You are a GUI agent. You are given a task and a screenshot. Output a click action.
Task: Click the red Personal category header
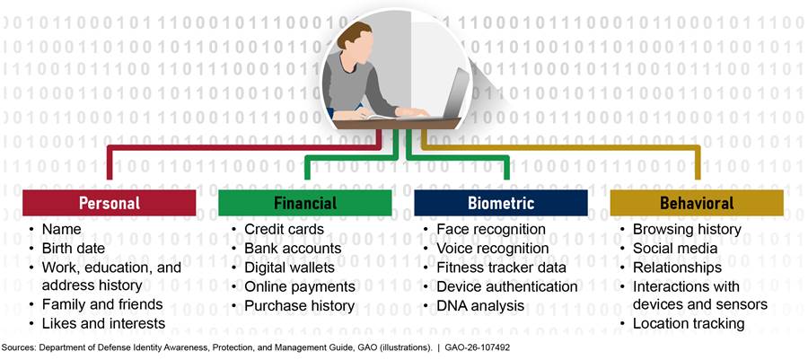pos(110,203)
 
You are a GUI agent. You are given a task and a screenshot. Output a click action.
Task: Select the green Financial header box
pos(305,203)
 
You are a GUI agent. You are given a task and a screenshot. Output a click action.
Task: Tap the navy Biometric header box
pos(501,203)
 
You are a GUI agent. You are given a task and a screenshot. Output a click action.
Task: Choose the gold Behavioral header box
pos(697,203)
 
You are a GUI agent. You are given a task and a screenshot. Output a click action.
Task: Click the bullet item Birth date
pos(74,249)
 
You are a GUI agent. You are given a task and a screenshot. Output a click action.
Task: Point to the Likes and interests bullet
pos(103,323)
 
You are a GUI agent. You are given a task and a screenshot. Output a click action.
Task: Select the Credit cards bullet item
pos(284,229)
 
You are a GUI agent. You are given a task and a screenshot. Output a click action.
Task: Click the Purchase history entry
pos(299,305)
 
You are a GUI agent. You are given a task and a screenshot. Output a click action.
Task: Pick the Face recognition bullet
pos(491,229)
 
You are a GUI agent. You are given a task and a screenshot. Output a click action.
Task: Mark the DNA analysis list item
pos(480,305)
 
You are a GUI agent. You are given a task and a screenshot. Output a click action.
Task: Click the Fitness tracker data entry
pos(501,268)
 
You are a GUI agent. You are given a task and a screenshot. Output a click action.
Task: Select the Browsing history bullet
pos(687,229)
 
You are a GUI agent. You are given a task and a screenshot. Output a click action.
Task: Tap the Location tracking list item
pos(689,323)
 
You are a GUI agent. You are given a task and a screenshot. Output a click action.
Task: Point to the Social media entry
pos(675,249)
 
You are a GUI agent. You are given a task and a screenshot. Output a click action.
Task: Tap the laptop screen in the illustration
pos(458,92)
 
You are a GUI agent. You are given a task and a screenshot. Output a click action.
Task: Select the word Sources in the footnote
pos(17,347)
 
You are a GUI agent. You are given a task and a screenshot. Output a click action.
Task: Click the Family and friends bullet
pos(102,304)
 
